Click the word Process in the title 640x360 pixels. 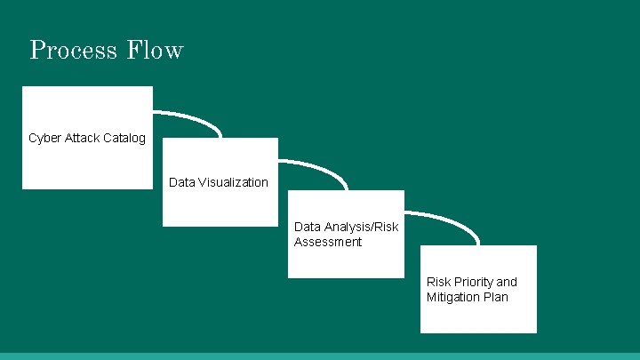73,50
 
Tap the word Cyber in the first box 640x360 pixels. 44,138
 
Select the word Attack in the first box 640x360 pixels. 83,138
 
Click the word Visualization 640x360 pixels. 233,182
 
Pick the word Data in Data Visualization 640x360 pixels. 181,182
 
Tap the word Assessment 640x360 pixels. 328,242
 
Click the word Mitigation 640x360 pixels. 454,297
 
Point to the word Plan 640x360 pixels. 496,297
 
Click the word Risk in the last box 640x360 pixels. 438,282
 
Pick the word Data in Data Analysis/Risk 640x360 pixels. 308,228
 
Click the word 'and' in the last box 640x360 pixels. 507,282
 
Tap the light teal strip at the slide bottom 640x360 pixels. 320,356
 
